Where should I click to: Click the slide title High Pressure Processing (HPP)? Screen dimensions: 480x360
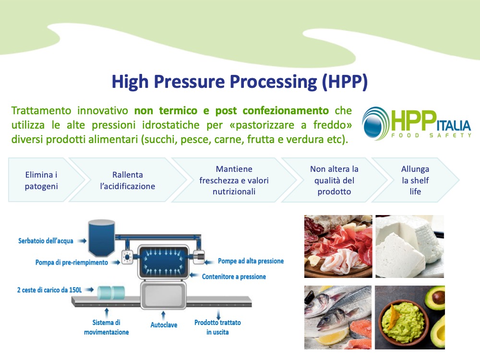pyautogui.click(x=240, y=82)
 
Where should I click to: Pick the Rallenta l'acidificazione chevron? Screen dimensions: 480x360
pyautogui.click(x=128, y=180)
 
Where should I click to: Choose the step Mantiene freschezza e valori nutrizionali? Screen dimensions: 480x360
pyautogui.click(x=234, y=180)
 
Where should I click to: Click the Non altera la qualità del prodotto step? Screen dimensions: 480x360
pyautogui.click(x=334, y=180)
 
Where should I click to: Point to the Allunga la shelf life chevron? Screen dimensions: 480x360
pyautogui.click(x=415, y=180)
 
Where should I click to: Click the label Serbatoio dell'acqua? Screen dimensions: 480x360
pyautogui.click(x=46, y=241)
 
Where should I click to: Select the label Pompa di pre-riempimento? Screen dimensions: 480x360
pyautogui.click(x=72, y=263)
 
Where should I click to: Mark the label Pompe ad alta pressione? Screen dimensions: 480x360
pyautogui.click(x=251, y=261)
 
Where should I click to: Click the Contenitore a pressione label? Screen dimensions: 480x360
pyautogui.click(x=234, y=277)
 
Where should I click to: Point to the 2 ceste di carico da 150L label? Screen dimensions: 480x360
pyautogui.click(x=49, y=290)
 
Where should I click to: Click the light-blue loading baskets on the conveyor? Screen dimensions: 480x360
pyautogui.click(x=111, y=292)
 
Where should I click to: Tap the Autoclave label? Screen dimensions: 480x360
pyautogui.click(x=164, y=325)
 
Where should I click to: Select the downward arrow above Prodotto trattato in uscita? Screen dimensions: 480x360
pyautogui.click(x=218, y=315)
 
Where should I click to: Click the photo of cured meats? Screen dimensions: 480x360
pyautogui.click(x=338, y=246)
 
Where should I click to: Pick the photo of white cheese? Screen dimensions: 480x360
pyautogui.click(x=409, y=246)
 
